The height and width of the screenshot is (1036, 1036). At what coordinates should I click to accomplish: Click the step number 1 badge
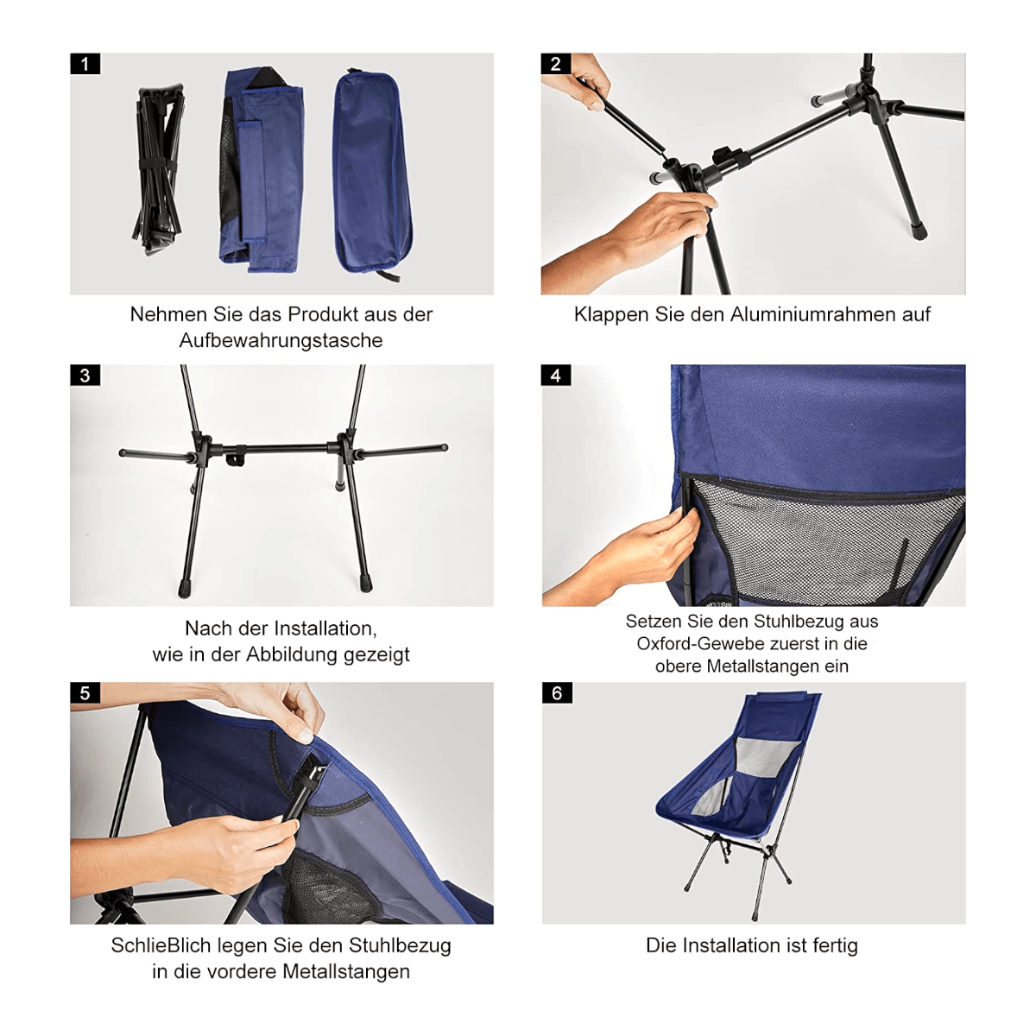pos(85,64)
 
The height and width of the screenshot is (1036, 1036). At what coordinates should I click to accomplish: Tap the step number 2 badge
pos(556,64)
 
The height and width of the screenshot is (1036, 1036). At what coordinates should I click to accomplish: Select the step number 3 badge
pos(85,376)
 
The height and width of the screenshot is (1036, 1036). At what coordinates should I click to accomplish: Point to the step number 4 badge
pos(556,376)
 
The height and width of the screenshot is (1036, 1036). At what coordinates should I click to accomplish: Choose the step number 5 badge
pos(85,693)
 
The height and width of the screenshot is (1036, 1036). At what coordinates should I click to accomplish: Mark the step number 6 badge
pos(556,693)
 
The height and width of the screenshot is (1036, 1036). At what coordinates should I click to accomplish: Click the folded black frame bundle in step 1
pos(159,169)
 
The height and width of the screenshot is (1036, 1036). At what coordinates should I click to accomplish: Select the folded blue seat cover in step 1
pos(262,169)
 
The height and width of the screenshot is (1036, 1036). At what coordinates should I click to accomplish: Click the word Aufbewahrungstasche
pos(281,341)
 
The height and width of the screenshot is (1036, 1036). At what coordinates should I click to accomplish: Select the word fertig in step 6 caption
pos(835,946)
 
